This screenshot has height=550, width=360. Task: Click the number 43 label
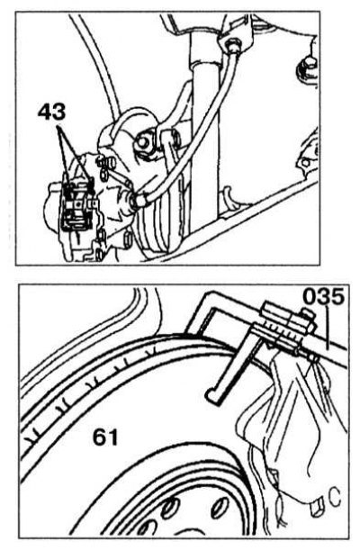tap(51, 112)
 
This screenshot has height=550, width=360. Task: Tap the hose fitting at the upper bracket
tap(232, 46)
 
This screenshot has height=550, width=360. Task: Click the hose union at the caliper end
tap(139, 201)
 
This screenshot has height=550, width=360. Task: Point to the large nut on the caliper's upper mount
tap(144, 143)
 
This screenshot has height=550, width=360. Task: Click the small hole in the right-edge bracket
tap(306, 162)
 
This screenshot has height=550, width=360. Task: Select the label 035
tap(323, 297)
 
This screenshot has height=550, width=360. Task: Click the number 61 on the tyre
tap(105, 437)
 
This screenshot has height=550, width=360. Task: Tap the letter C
tap(335, 498)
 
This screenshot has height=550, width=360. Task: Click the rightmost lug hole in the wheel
tap(217, 506)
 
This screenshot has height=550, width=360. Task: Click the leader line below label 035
tap(328, 328)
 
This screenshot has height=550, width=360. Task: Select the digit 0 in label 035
tap(310, 297)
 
